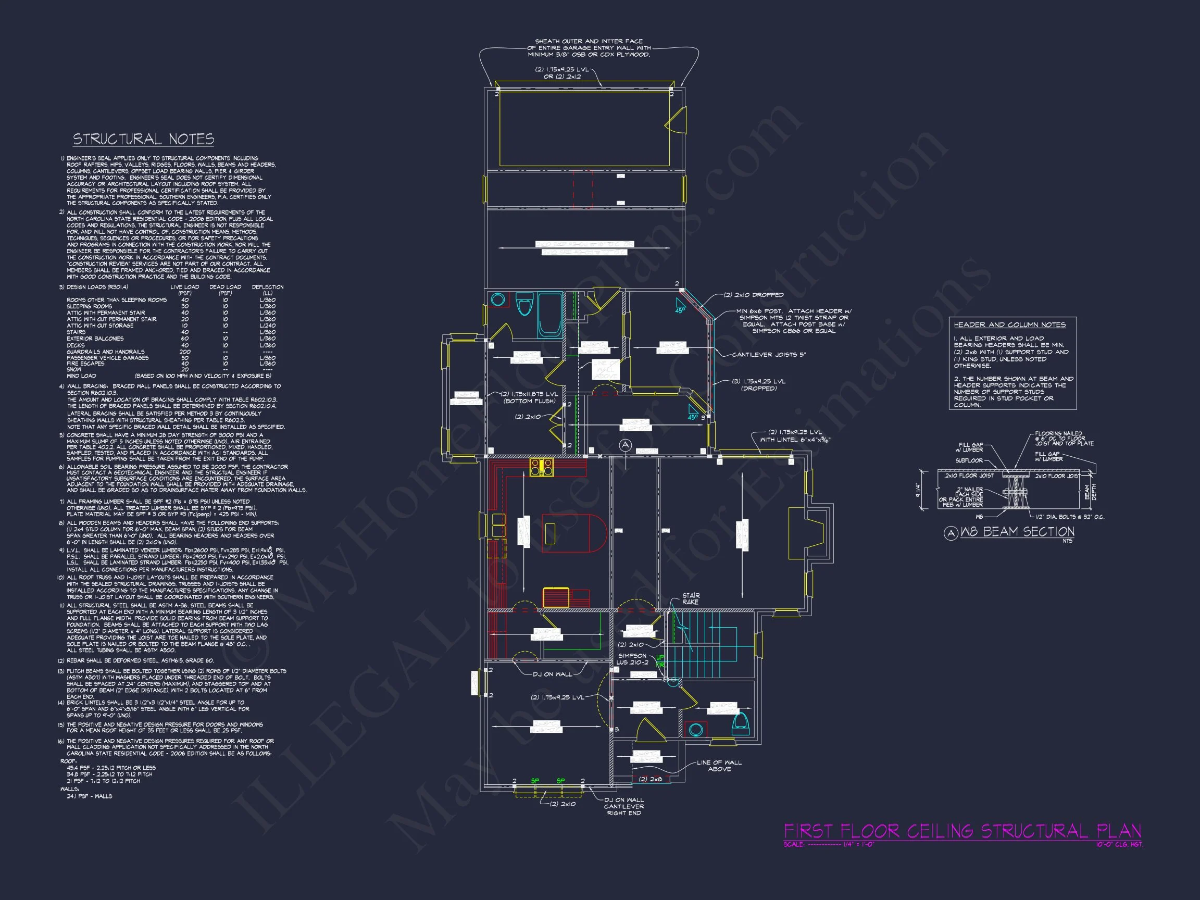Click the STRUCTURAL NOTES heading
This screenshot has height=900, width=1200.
(x=143, y=140)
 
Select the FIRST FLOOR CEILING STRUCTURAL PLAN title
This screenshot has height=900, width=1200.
(x=963, y=831)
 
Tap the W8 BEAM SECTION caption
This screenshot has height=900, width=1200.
(x=1017, y=532)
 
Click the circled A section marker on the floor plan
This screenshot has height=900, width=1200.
(x=625, y=445)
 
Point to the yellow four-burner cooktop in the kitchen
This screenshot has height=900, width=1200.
(x=542, y=468)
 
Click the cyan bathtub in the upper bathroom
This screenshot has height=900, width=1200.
(x=549, y=315)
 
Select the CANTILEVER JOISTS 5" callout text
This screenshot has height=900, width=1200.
(x=769, y=355)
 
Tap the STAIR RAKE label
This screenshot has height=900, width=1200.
(x=691, y=599)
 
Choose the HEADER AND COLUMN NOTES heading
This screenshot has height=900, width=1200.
(x=1009, y=324)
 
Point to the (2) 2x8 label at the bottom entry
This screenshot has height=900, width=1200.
(x=650, y=779)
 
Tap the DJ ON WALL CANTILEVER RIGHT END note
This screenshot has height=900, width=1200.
(x=624, y=806)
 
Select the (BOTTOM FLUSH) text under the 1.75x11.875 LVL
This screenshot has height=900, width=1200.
(x=529, y=401)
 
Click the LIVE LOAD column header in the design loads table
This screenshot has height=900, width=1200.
(x=184, y=287)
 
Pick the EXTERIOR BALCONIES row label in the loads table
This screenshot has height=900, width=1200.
(x=95, y=339)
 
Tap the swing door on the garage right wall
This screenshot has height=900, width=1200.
(x=677, y=120)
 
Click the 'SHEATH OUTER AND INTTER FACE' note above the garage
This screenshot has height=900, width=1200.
(x=589, y=41)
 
